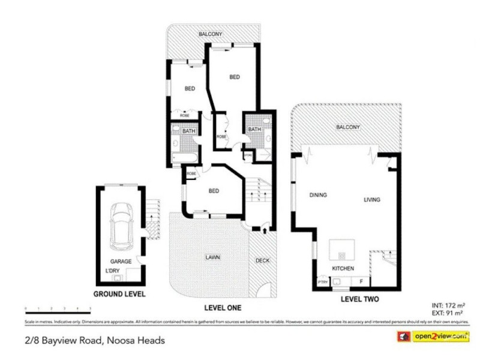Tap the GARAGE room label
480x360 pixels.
click(120, 262)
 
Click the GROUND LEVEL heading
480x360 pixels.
click(119, 294)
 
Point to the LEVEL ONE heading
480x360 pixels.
click(222, 308)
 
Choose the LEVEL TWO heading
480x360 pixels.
click(359, 298)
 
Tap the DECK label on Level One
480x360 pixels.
click(262, 260)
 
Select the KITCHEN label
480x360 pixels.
click(343, 268)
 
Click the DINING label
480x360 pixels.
click(317, 195)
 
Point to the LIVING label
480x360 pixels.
click(371, 199)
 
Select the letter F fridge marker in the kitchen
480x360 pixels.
click(361, 280)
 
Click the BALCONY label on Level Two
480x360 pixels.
click(348, 127)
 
